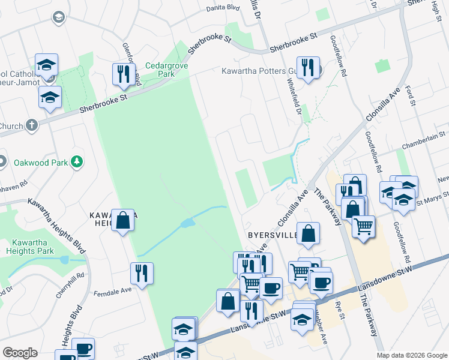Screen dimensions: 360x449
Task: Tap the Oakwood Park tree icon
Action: (x=76, y=161)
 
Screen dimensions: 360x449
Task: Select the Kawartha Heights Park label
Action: (x=29, y=247)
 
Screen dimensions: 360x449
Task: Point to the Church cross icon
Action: (x=32, y=125)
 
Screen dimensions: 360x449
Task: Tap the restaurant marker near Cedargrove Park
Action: (x=123, y=74)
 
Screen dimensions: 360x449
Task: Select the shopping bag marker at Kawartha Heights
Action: (x=123, y=220)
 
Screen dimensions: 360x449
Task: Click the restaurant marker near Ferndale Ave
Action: (x=141, y=274)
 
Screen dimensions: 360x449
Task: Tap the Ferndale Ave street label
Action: (x=112, y=291)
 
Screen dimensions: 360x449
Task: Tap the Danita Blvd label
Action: (x=223, y=8)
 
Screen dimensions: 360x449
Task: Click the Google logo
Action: (x=20, y=353)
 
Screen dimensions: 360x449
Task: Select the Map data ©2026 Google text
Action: (x=412, y=355)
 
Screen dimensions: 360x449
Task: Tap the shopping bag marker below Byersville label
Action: (x=307, y=235)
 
